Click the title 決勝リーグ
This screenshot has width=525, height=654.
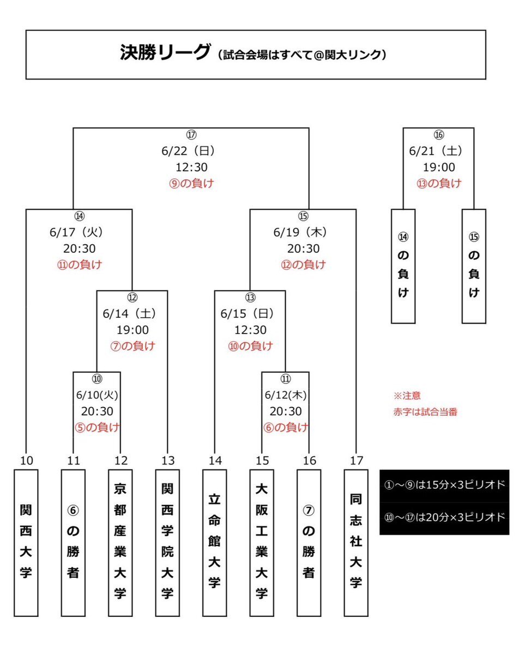click(165, 52)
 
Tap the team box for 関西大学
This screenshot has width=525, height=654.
click(26, 543)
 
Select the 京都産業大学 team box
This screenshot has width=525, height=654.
click(120, 543)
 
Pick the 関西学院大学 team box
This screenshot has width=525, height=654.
click(167, 543)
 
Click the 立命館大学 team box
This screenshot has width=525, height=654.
click(215, 543)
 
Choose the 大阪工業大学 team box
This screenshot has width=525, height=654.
click(262, 543)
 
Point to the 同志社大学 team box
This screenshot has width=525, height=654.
click(356, 543)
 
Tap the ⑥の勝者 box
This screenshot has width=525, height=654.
click(73, 543)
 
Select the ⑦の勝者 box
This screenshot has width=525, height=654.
click(309, 543)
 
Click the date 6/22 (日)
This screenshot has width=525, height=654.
click(189, 151)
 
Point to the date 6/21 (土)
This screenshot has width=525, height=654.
click(436, 151)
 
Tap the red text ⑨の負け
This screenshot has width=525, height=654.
click(191, 183)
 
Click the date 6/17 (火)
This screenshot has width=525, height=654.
click(77, 232)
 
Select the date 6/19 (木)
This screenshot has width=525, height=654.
click(300, 232)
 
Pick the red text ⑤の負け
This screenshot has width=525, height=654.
click(97, 427)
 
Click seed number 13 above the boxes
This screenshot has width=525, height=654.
click(168, 461)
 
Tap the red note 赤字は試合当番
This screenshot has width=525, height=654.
click(425, 412)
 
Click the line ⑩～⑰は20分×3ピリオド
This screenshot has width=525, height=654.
click(445, 517)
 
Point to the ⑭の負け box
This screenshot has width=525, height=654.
click(403, 266)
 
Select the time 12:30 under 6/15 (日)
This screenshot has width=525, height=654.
click(250, 330)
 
